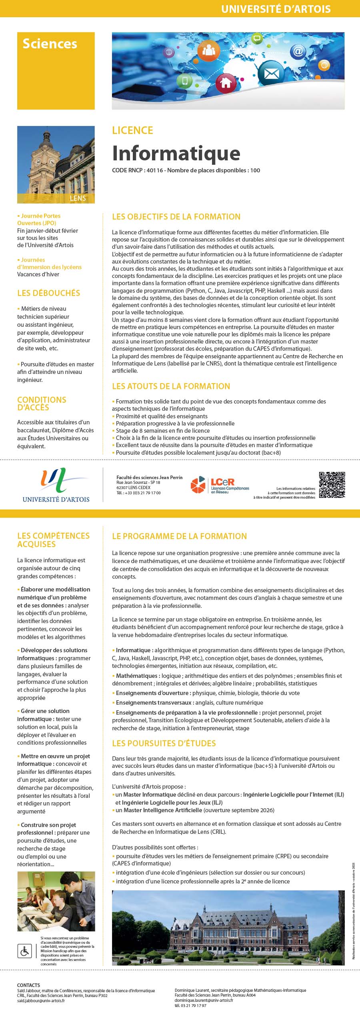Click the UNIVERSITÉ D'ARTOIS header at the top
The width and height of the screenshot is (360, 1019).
coord(276,9)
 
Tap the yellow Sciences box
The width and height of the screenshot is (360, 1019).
coord(56,70)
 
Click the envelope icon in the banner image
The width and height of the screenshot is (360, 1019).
coord(271,73)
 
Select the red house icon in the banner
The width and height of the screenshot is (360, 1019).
coord(226,83)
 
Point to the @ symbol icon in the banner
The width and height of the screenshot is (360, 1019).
coord(298,51)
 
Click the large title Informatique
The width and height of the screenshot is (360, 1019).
coord(176,153)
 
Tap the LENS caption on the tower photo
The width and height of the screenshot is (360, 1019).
coord(78,198)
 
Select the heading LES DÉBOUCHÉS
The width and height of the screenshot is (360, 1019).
coord(48,293)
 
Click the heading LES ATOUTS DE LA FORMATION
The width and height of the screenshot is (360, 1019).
coord(171,386)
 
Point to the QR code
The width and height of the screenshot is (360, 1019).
coord(332,485)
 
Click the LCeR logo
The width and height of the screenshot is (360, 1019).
coord(220,485)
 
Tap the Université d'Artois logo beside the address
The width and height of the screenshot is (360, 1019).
coord(56,485)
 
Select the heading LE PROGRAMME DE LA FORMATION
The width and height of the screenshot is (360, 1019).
coord(179,536)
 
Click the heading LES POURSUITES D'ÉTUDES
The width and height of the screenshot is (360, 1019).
coord(164,743)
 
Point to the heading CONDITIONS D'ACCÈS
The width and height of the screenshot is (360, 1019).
coord(42,404)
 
